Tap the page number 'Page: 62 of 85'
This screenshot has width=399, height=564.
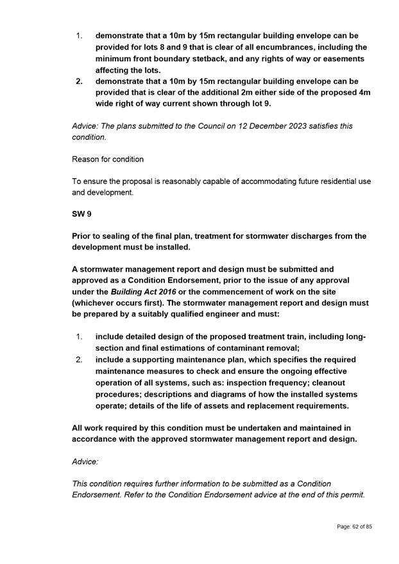pos(354,527)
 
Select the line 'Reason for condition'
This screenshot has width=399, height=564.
pos(108,159)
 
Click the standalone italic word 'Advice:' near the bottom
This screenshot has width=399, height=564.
pos(85,461)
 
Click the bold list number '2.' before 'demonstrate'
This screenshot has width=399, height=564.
pos(80,81)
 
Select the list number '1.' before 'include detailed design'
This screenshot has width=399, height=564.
pos(80,336)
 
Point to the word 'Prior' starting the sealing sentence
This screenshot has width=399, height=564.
pos(83,236)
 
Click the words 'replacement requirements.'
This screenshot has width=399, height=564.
pos(292,406)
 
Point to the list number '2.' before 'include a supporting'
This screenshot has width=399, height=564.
pos(80,360)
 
